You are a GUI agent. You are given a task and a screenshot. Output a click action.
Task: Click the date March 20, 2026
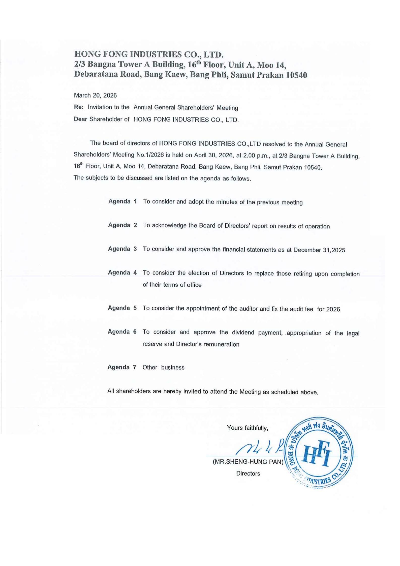click(95, 95)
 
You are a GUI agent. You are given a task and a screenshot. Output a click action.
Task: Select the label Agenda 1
click(122, 201)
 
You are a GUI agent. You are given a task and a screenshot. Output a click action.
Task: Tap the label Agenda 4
click(122, 273)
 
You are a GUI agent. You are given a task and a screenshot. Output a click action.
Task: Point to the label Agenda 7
click(122, 367)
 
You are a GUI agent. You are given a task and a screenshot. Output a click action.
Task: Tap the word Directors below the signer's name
click(248, 473)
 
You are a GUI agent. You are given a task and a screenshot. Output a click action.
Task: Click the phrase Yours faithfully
click(247, 428)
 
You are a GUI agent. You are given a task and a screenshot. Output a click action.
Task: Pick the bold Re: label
click(79, 107)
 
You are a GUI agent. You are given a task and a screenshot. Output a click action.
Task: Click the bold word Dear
click(80, 119)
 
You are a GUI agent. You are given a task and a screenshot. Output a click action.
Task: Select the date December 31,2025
click(319, 250)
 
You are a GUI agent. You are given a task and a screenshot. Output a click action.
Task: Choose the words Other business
click(163, 367)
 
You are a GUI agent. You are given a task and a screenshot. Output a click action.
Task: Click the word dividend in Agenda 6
click(243, 332)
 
